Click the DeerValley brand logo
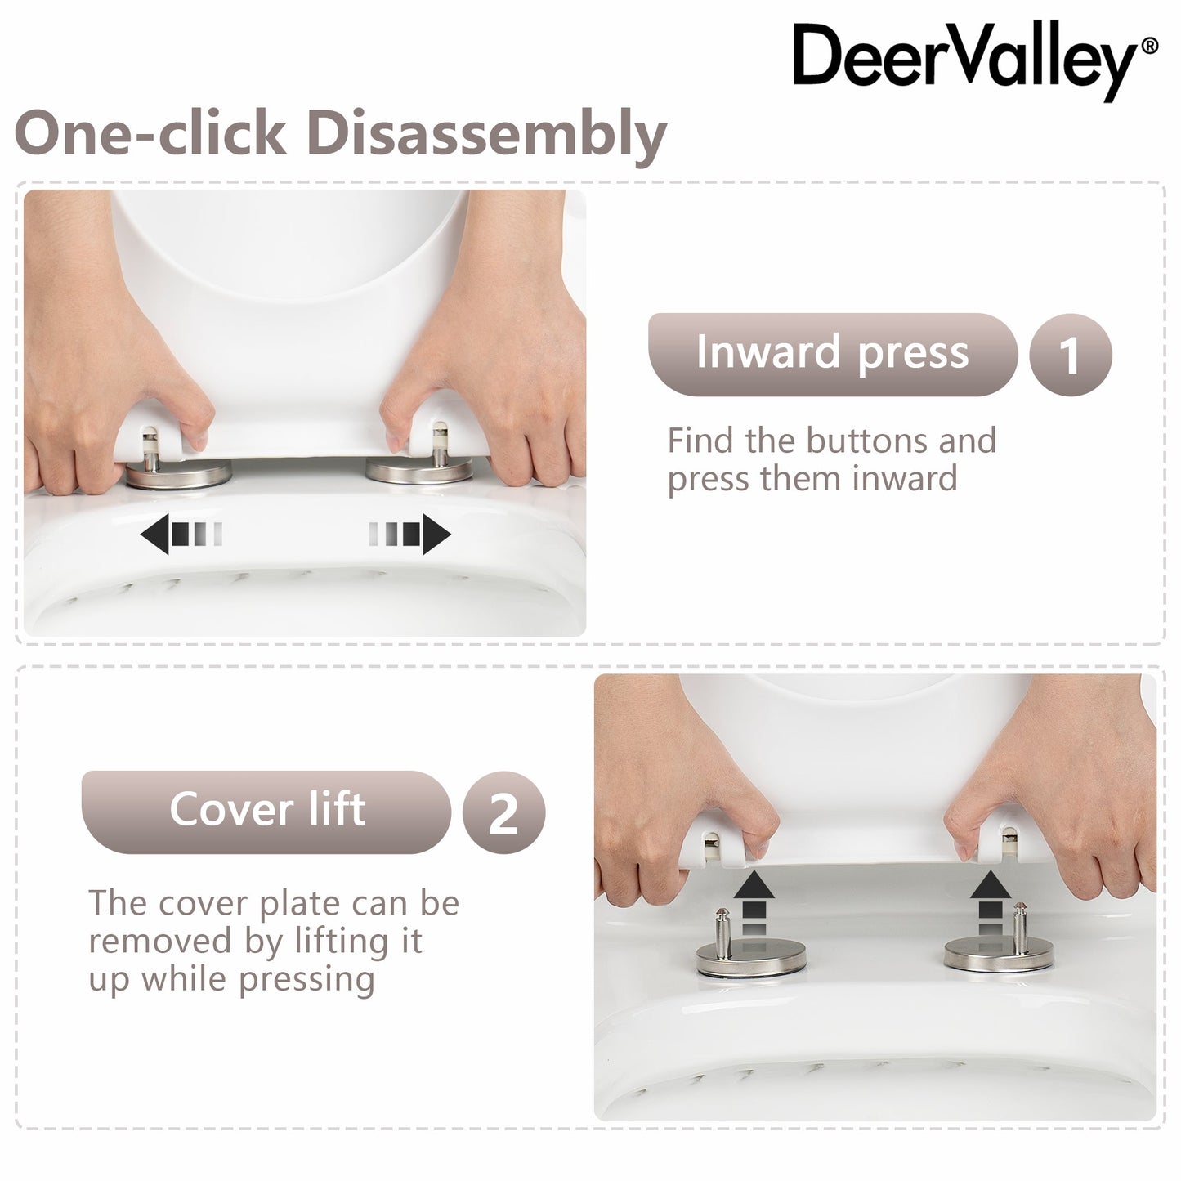[x=975, y=60]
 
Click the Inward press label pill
[x=832, y=354]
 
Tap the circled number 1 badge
[x=1070, y=354]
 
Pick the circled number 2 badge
[x=503, y=812]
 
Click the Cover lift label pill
[x=266, y=812]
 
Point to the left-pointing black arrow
[x=181, y=535]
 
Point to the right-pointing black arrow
[x=409, y=535]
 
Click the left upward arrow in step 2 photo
[x=754, y=903]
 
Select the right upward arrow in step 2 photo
[x=991, y=903]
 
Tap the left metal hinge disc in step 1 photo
[x=177, y=474]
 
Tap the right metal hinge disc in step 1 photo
[x=419, y=471]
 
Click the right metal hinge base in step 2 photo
[x=999, y=955]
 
